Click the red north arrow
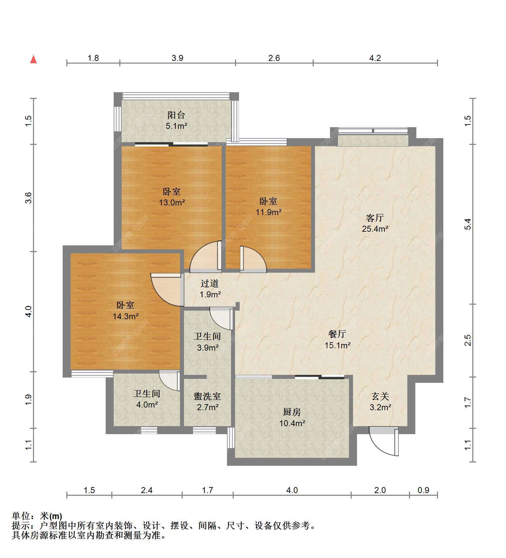(x=33, y=60)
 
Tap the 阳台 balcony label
(x=176, y=115)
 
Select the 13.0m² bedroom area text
(x=172, y=202)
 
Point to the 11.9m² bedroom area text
(x=268, y=212)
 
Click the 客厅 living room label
(x=375, y=218)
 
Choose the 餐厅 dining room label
(x=337, y=334)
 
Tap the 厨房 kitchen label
(x=292, y=412)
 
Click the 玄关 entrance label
(x=380, y=397)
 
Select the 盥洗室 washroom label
(x=207, y=397)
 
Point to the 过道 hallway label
(x=210, y=284)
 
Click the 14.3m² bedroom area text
(x=125, y=316)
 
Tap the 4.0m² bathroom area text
(x=147, y=405)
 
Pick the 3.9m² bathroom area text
(x=207, y=348)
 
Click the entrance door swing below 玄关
(x=383, y=441)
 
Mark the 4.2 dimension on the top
(x=375, y=58)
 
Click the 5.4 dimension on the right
(x=468, y=224)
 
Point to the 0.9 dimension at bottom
(x=423, y=490)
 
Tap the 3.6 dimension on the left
(x=29, y=198)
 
